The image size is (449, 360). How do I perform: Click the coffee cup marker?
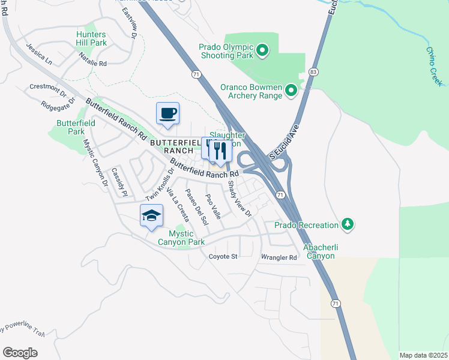[x=167, y=113]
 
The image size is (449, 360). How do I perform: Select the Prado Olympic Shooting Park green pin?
[x=262, y=50]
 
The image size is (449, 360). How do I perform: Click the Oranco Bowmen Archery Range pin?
[x=291, y=91]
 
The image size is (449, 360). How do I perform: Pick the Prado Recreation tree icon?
[x=347, y=224]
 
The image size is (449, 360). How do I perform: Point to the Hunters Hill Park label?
[x=91, y=38]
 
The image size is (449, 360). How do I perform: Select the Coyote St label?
[x=223, y=257]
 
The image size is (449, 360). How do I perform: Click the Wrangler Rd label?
[x=279, y=258]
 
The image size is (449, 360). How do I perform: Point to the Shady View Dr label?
[x=240, y=198]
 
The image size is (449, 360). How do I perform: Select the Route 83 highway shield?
[x=313, y=71]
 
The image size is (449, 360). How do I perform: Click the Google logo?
[x=20, y=352]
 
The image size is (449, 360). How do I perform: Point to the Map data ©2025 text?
[x=423, y=355]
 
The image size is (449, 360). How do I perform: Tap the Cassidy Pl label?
[x=119, y=182]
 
